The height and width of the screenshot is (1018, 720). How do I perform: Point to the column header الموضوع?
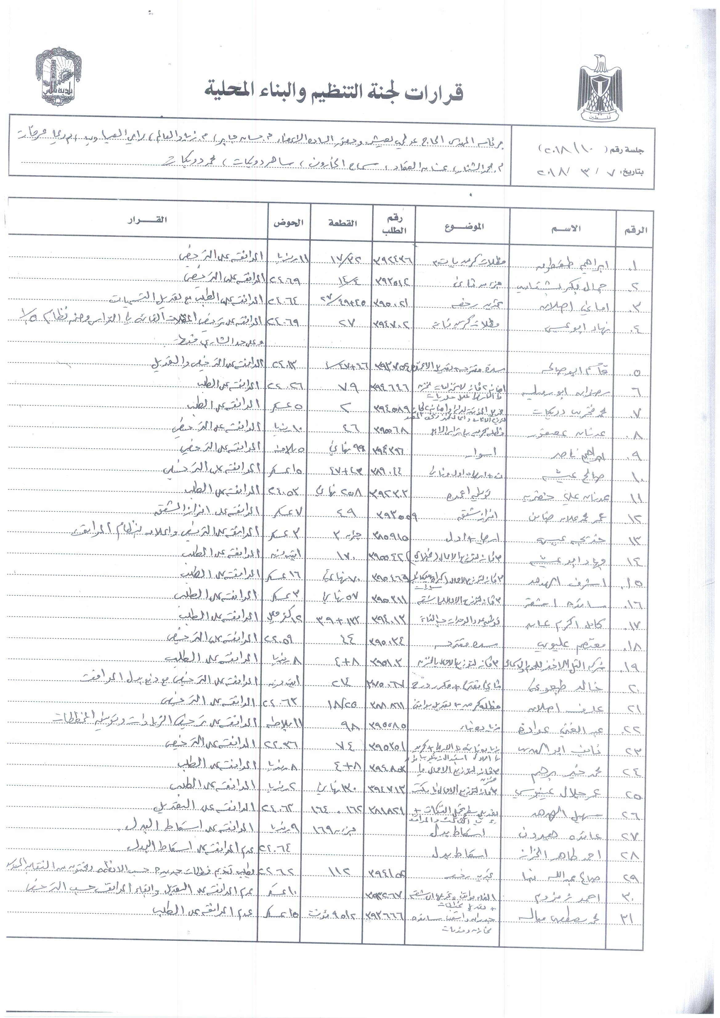pos(464,227)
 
